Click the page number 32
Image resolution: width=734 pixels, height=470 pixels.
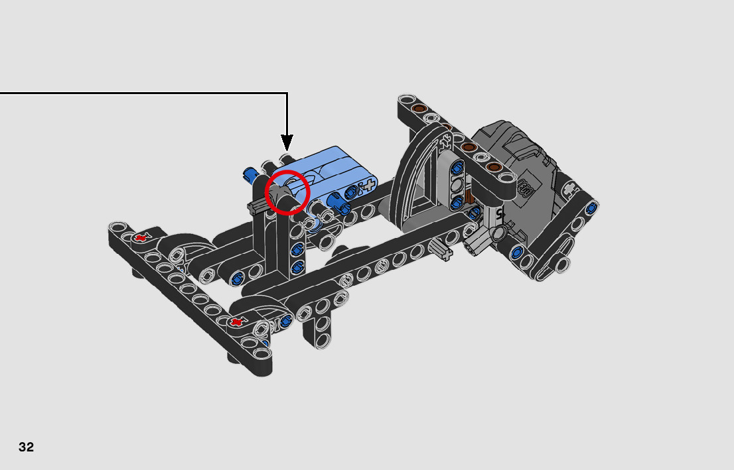[27, 447]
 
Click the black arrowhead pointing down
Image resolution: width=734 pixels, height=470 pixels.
[287, 142]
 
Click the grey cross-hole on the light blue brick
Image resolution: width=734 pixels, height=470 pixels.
[369, 185]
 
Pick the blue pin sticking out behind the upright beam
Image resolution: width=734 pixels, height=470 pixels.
[250, 174]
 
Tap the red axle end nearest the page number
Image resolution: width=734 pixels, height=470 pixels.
[238, 322]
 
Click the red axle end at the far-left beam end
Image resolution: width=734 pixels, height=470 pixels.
[140, 237]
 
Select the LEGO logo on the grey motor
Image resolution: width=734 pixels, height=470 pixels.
[525, 188]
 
